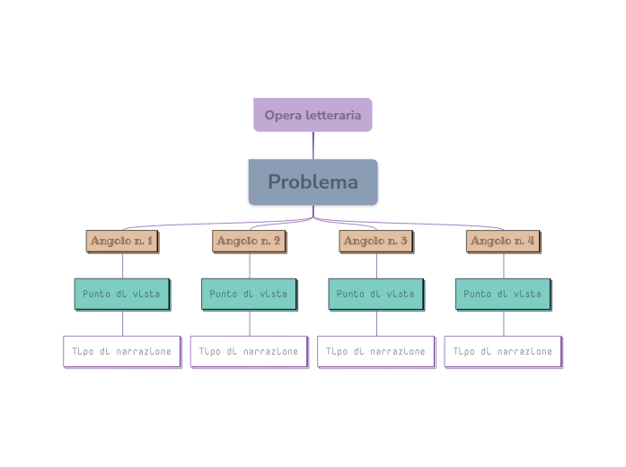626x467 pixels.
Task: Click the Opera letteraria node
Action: point(313,115)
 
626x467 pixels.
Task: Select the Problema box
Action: point(313,182)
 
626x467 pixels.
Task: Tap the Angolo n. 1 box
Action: point(122,241)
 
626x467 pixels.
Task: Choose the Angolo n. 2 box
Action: point(249,241)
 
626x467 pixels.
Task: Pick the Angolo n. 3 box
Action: point(375,241)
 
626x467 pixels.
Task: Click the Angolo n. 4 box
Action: point(503,241)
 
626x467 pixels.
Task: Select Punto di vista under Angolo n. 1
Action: point(122,294)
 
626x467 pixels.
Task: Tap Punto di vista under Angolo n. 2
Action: point(249,294)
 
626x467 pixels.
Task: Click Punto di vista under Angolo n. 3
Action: point(375,294)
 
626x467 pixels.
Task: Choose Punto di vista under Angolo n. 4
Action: point(503,294)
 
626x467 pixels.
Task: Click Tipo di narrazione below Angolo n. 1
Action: point(122,351)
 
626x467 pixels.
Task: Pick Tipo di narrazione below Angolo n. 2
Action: point(249,351)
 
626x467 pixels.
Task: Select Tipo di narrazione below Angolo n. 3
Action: point(375,351)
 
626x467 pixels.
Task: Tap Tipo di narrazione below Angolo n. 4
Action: point(503,351)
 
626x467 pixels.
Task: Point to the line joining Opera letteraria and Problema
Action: point(313,145)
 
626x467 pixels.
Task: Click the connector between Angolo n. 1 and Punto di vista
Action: point(122,265)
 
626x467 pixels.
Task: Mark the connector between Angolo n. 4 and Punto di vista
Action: point(503,265)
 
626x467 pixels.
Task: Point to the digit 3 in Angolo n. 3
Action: point(404,241)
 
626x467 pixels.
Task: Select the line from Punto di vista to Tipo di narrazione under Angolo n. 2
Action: point(250,322)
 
